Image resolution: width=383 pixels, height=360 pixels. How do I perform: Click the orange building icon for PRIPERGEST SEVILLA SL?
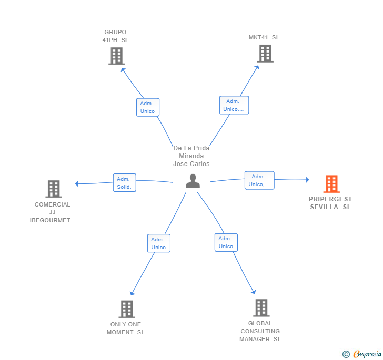tap(331, 184)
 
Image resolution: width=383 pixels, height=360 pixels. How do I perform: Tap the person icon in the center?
tap(193, 181)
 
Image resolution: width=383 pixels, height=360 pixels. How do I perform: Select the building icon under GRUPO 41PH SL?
tap(116, 56)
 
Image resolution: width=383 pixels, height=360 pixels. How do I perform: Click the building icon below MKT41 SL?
tap(265, 54)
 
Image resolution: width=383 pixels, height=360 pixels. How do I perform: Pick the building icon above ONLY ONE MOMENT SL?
tap(127, 309)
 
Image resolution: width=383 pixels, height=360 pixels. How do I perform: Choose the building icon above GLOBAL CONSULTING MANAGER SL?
tap(261, 308)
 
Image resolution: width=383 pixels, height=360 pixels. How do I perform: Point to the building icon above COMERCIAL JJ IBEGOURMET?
tap(54, 189)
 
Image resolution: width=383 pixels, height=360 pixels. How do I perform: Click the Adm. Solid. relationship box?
tap(124, 182)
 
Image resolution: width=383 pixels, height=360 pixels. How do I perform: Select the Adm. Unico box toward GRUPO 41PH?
tap(148, 107)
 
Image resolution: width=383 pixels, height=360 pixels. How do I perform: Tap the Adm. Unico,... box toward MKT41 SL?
tap(234, 105)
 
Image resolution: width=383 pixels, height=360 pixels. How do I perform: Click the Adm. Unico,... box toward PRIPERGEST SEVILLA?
tap(259, 180)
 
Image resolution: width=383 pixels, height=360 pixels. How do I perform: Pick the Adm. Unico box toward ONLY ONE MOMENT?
tap(159, 243)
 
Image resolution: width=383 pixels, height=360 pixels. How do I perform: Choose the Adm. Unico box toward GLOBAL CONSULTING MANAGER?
tap(226, 242)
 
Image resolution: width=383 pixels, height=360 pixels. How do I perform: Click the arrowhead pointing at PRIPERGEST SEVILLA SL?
tap(307, 180)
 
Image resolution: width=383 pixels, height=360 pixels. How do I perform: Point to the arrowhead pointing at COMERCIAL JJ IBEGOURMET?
tap(77, 183)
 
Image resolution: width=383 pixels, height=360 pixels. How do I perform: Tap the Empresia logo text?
tap(367, 354)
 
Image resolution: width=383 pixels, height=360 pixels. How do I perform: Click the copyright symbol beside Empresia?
tap(346, 354)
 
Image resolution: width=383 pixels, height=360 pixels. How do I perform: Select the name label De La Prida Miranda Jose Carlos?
tap(191, 156)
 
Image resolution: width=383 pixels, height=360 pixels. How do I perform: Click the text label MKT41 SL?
tap(264, 37)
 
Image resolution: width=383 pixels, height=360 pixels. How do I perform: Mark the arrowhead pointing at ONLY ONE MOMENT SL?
tap(132, 293)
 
